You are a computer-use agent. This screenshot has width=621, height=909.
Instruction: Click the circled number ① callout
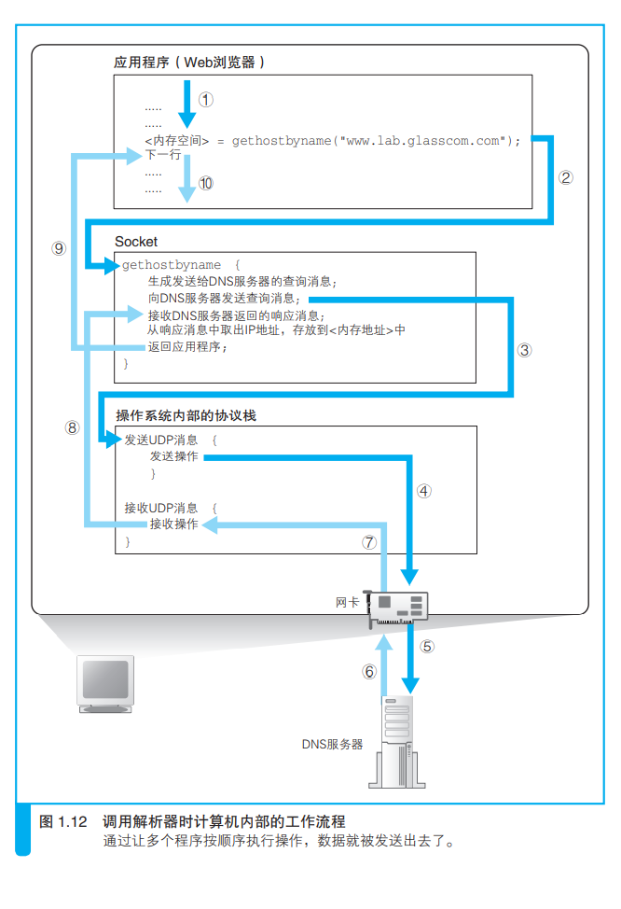(206, 100)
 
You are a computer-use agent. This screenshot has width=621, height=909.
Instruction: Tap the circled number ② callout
(565, 177)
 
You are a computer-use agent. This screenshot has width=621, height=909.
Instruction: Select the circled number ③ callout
(524, 350)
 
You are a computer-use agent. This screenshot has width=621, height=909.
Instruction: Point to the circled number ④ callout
(424, 491)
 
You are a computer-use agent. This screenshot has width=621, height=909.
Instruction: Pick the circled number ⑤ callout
(427, 647)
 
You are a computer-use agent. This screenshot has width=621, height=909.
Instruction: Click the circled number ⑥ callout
(369, 671)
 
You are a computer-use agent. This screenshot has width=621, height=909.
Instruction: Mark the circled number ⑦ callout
(369, 542)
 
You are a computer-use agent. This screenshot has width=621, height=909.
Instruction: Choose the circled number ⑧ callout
(72, 427)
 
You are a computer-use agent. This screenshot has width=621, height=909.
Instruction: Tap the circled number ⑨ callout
(59, 248)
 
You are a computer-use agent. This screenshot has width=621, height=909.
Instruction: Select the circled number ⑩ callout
(206, 183)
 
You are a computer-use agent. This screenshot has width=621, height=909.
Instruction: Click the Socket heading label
(136, 241)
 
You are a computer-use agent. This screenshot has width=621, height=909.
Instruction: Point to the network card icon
(398, 608)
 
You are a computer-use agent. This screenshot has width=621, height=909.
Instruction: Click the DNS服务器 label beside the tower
(332, 744)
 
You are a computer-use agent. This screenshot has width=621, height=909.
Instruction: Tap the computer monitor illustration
(105, 684)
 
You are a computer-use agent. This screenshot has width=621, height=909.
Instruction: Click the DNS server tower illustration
(397, 742)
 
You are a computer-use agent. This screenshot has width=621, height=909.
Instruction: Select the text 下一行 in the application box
(163, 155)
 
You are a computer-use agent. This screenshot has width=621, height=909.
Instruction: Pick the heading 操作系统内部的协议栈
(186, 415)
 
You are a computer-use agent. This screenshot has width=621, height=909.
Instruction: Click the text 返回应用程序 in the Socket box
(187, 346)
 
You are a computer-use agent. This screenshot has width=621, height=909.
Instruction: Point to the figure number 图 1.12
(63, 821)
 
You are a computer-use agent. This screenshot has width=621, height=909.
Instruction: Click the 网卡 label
(347, 602)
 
